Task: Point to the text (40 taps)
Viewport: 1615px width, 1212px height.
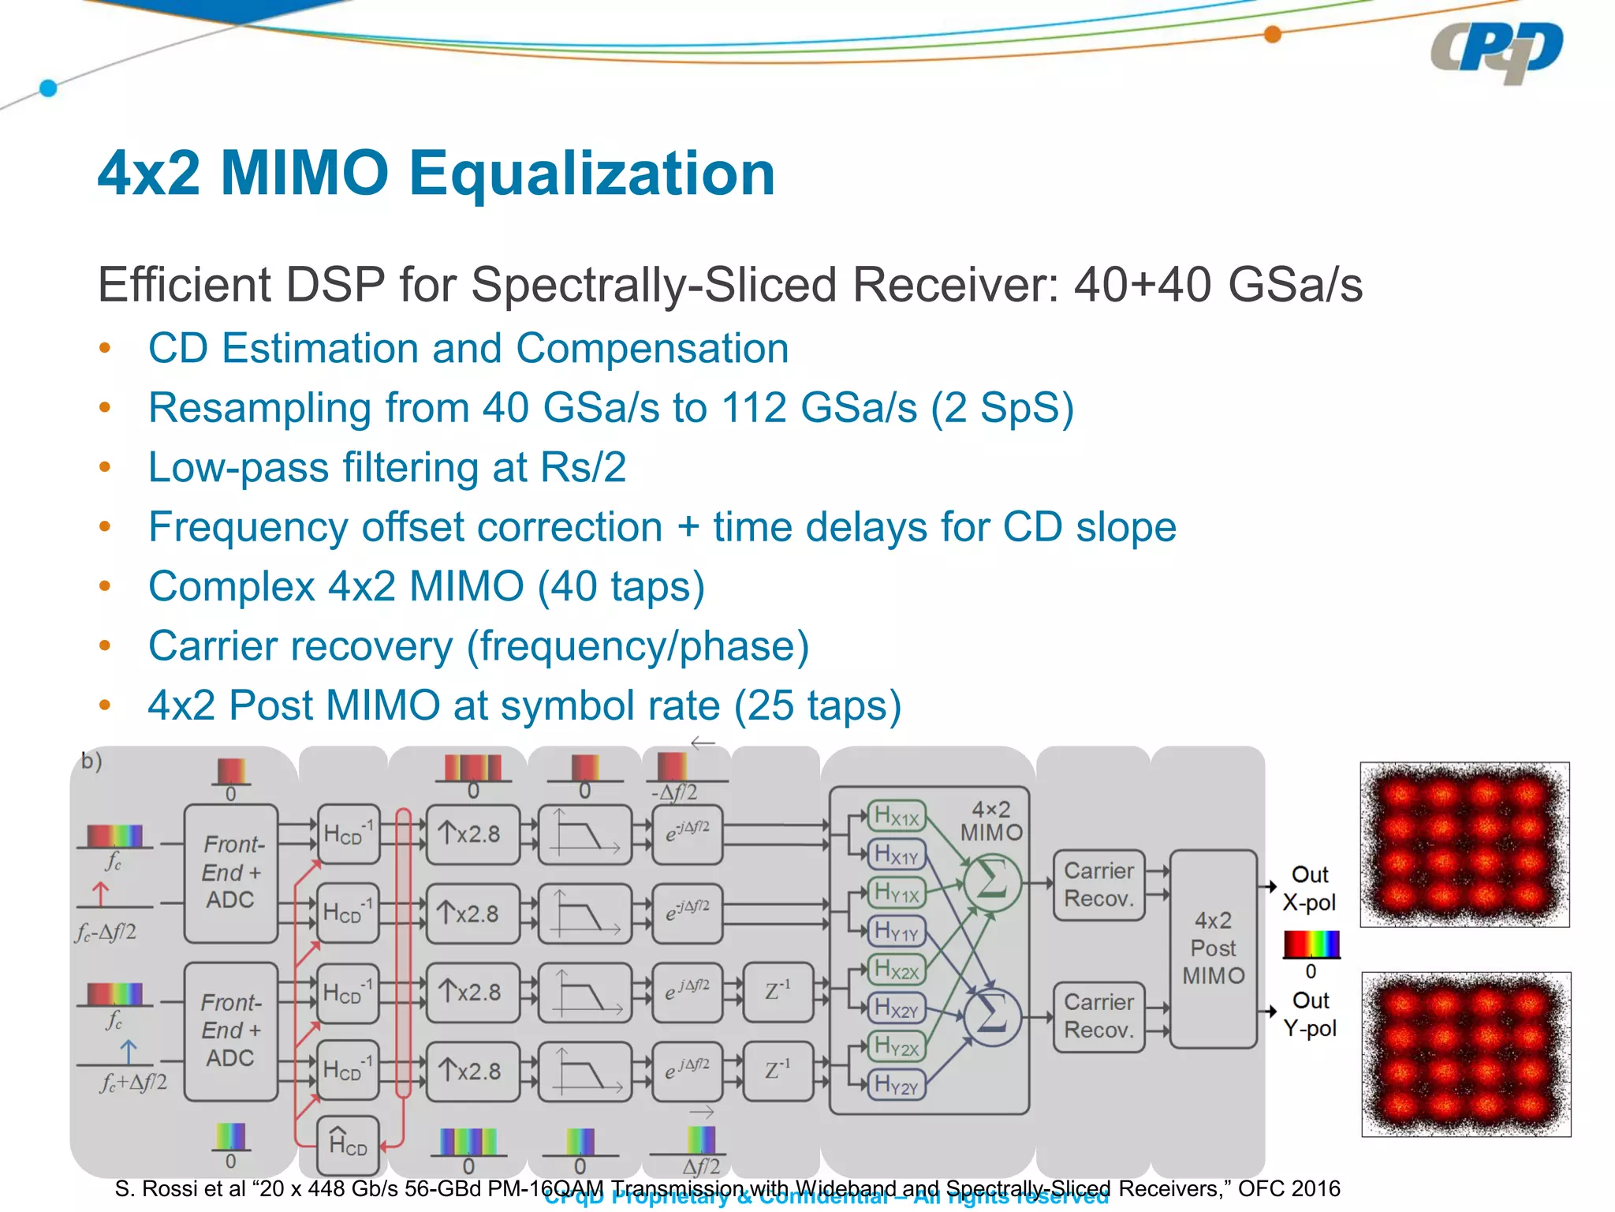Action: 621,586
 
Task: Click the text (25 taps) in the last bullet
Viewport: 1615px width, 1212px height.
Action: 817,705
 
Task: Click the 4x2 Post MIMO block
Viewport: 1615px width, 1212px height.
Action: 1213,948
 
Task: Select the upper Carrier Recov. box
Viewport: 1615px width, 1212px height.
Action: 1098,885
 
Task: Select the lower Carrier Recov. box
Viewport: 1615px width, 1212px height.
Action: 1098,1016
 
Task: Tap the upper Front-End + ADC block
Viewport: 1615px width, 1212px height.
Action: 231,873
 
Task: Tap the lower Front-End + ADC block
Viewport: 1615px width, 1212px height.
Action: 231,1031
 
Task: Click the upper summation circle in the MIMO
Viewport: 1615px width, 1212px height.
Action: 992,881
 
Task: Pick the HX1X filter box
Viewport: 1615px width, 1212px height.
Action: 897,817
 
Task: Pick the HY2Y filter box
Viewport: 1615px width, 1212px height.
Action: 897,1084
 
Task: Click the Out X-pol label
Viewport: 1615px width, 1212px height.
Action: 1309,888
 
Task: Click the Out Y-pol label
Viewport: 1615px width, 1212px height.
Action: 1309,1015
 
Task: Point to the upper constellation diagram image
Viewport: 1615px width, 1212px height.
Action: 1464,844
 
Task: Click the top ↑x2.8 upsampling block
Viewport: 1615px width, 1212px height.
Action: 472,834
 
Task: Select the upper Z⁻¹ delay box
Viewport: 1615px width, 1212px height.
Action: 778,992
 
